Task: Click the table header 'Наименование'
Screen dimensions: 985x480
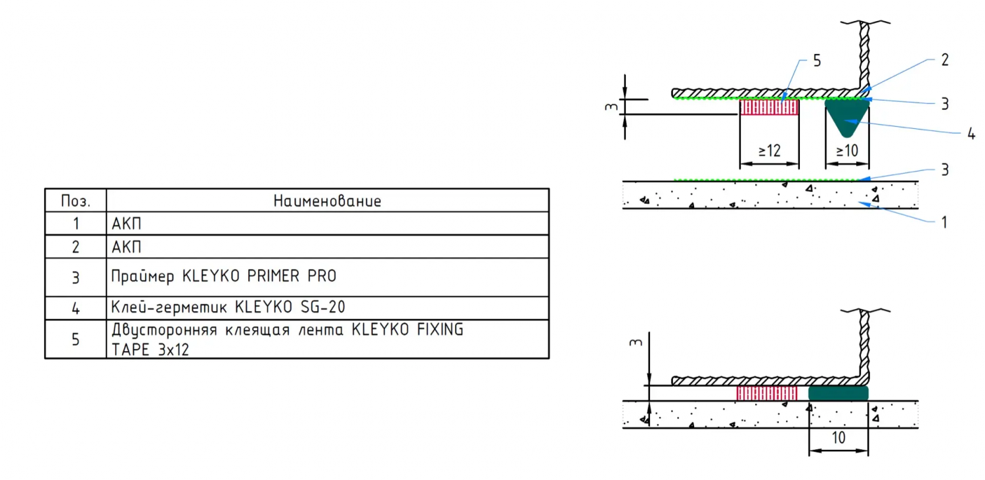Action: click(x=327, y=201)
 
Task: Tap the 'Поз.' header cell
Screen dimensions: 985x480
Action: click(x=76, y=201)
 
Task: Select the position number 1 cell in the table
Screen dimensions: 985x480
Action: click(x=76, y=224)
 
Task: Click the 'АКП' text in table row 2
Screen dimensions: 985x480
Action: click(x=126, y=247)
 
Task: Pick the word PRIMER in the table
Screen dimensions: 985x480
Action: click(x=273, y=276)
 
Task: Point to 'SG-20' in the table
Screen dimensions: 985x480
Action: click(x=323, y=307)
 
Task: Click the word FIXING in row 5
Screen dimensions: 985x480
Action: click(x=440, y=329)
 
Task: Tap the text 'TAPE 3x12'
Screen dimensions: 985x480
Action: click(x=150, y=350)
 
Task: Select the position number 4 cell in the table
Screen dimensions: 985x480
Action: click(x=76, y=308)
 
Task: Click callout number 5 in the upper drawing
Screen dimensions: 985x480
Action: click(x=817, y=60)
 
